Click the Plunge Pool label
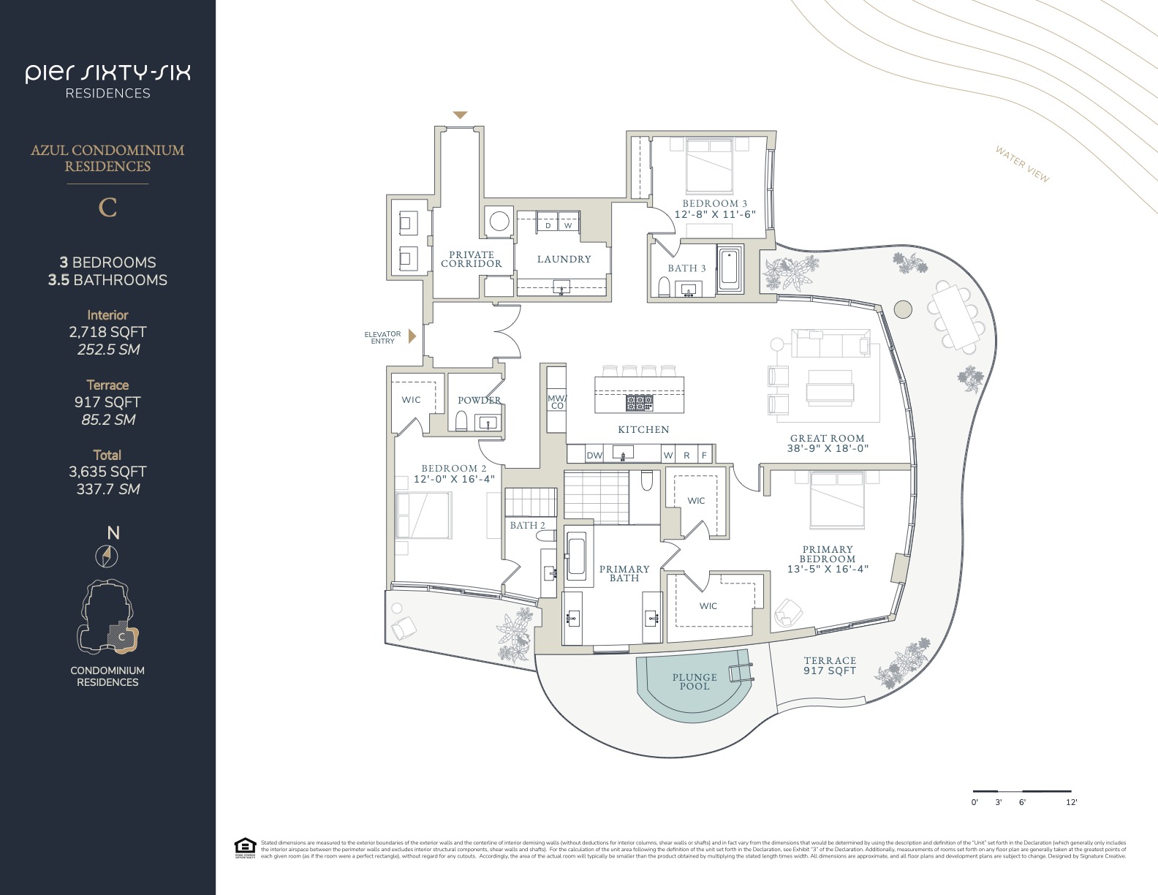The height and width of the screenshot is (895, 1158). click(x=695, y=681)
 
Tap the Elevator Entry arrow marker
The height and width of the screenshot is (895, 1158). click(x=412, y=336)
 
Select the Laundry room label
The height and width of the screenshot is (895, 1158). click(x=564, y=259)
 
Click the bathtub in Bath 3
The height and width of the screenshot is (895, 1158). click(x=730, y=268)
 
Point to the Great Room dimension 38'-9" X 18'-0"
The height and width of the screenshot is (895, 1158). click(x=828, y=448)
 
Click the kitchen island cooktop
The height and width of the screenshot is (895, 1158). click(x=639, y=402)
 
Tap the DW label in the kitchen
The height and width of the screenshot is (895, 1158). click(x=594, y=456)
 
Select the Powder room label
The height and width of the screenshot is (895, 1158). click(x=479, y=400)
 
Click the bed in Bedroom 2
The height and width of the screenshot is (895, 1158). click(x=423, y=515)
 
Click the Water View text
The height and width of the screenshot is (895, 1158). click(x=1022, y=165)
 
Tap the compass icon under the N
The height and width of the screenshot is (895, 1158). click(x=107, y=556)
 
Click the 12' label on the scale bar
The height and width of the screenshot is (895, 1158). click(x=1071, y=802)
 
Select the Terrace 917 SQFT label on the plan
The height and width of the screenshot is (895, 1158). click(x=829, y=665)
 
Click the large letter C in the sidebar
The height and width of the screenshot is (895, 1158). click(x=107, y=208)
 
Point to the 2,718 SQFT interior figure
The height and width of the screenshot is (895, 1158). click(x=107, y=332)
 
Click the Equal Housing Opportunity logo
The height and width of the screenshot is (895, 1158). click(x=244, y=847)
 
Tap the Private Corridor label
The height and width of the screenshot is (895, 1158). click(x=472, y=260)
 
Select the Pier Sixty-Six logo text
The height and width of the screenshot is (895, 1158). click(x=107, y=73)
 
